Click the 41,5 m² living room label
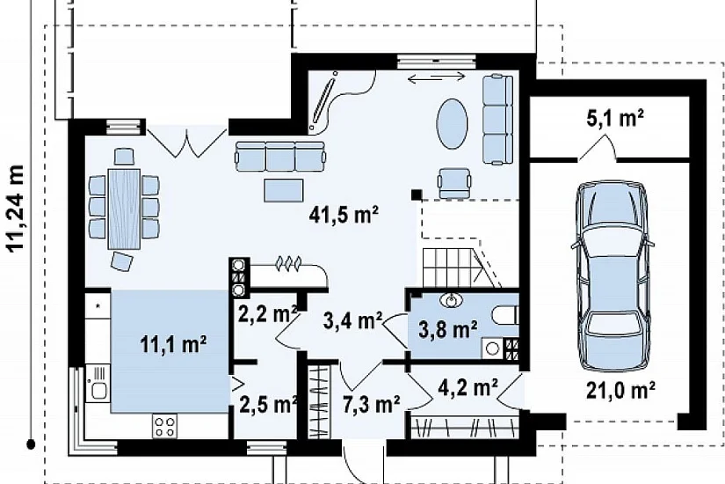click(344, 216)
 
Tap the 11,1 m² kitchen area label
click(173, 345)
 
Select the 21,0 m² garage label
click(620, 390)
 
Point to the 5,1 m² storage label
click(615, 118)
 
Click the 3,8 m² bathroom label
click(448, 330)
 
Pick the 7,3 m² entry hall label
click(371, 405)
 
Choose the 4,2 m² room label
click(468, 388)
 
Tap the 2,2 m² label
click(267, 315)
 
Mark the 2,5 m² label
click(268, 405)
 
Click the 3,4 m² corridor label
click(352, 320)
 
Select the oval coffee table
click(453, 124)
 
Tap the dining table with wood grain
click(124, 209)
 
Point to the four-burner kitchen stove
click(165, 426)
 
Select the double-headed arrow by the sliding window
click(437, 78)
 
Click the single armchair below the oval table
click(455, 182)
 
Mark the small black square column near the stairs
click(417, 194)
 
